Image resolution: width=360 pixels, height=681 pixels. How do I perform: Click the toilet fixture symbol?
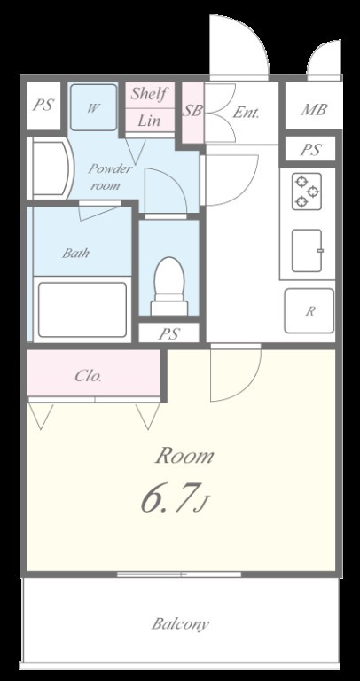(x=169, y=286)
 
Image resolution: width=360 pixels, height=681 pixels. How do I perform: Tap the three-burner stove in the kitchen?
(x=307, y=192)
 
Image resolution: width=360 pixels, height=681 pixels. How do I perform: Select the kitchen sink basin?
(x=308, y=251)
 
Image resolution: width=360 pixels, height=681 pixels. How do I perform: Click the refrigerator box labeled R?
(x=309, y=311)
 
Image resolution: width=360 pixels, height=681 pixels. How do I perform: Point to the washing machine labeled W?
(x=93, y=107)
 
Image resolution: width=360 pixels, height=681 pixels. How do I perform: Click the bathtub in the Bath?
(x=82, y=309)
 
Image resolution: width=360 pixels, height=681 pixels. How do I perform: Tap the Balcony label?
(x=180, y=624)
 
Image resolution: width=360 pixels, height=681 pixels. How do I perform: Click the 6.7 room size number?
(x=167, y=497)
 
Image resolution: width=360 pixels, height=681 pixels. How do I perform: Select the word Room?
(x=184, y=456)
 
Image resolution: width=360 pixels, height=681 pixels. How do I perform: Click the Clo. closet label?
(x=88, y=376)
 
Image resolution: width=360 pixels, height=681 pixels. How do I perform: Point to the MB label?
(x=314, y=109)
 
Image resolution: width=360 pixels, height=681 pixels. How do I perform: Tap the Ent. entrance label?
(x=246, y=113)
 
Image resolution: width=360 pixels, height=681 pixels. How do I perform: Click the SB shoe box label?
(x=192, y=111)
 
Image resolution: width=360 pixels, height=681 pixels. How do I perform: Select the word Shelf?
(x=149, y=93)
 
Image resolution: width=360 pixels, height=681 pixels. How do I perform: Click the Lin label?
(x=149, y=121)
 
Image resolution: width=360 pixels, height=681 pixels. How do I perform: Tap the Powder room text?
(x=108, y=176)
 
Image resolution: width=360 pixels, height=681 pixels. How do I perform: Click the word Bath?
(x=75, y=253)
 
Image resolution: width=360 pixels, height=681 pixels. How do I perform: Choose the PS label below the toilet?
(x=169, y=333)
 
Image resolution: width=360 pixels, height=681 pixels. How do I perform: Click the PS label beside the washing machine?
(x=43, y=106)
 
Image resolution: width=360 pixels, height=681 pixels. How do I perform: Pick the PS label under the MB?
(x=310, y=150)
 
